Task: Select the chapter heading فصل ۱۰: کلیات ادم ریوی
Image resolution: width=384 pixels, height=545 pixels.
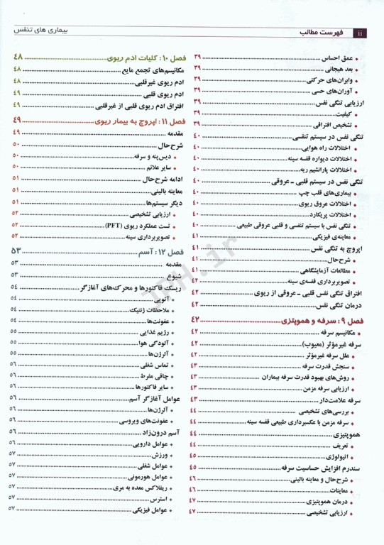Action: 128,57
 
